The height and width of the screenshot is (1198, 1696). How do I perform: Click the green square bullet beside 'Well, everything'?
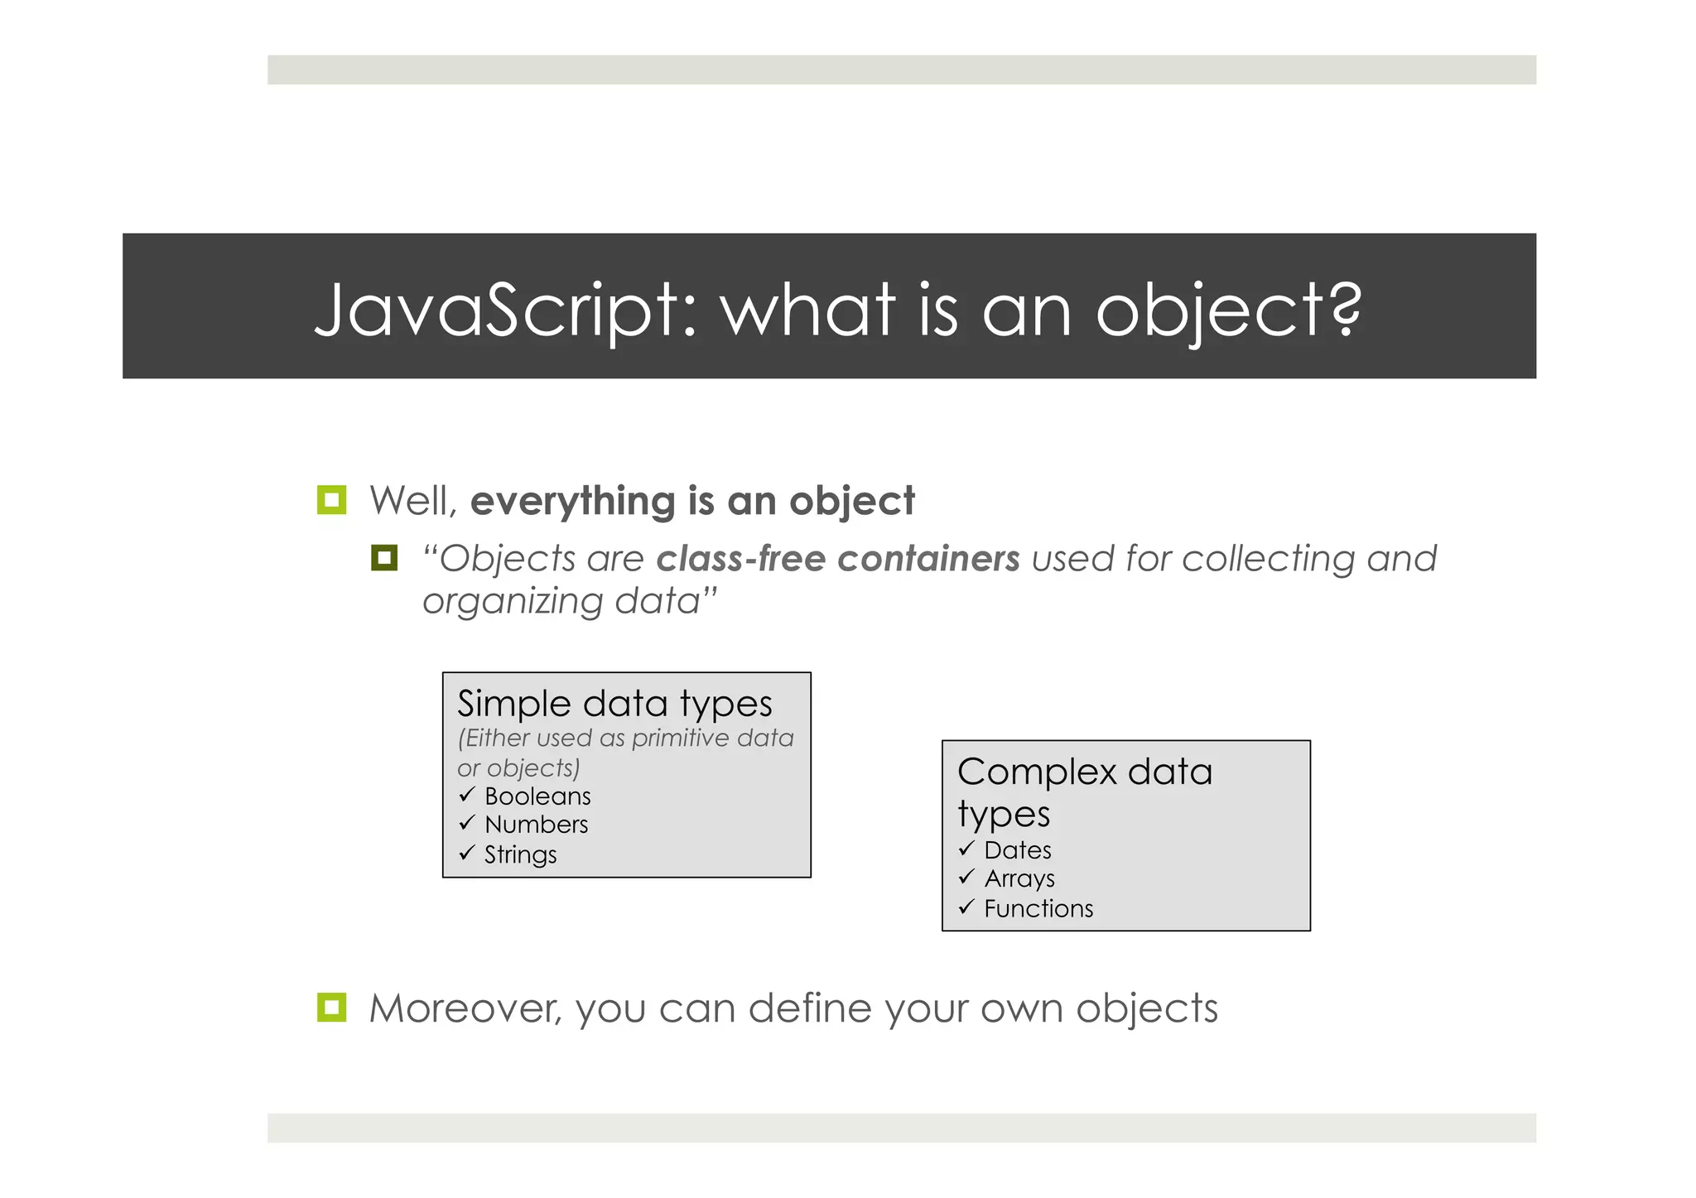[331, 500]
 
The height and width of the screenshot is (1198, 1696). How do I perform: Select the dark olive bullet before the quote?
[384, 558]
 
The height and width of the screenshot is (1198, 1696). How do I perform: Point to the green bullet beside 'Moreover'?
[331, 1008]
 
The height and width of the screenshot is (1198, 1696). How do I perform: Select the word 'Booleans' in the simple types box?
[537, 796]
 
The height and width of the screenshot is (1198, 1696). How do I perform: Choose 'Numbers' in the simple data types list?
[536, 825]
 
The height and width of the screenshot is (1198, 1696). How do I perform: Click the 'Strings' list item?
[520, 854]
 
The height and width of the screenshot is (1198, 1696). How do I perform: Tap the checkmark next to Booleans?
[467, 795]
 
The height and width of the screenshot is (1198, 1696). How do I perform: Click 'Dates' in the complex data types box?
[1018, 850]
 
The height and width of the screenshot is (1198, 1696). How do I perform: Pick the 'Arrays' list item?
[1019, 878]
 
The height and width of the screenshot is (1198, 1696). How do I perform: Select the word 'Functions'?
[1038, 909]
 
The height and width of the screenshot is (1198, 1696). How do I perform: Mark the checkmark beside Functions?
[966, 907]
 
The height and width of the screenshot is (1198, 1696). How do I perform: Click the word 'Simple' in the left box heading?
[514, 705]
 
